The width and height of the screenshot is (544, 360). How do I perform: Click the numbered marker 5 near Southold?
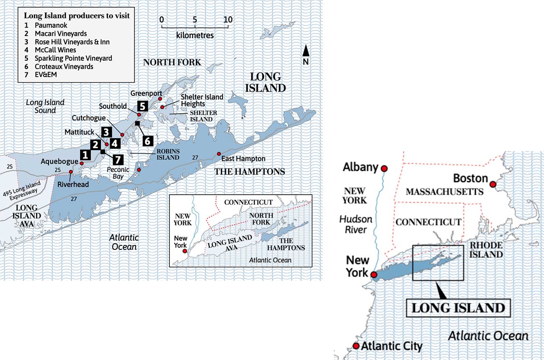[143, 106]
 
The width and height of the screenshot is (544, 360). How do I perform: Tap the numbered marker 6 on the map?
[148, 141]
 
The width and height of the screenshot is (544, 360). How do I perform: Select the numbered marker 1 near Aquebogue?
[85, 155]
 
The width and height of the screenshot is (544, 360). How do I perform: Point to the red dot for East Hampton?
[218, 154]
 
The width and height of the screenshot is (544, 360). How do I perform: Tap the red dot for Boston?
[493, 184]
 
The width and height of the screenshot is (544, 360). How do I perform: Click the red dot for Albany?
[384, 168]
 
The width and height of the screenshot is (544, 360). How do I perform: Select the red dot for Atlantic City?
[356, 346]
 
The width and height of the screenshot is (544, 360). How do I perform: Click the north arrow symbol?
[306, 51]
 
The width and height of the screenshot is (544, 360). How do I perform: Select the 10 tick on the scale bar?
[228, 19]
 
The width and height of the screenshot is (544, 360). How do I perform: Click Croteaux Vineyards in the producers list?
[64, 66]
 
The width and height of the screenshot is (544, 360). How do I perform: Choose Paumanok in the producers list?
[51, 26]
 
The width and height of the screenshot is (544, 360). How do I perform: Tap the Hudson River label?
[356, 224]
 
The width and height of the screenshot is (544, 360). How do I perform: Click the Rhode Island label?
[486, 250]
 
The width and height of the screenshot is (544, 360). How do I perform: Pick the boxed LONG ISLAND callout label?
[458, 308]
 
